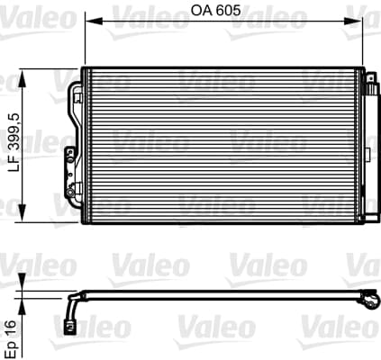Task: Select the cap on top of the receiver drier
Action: coord(369,78)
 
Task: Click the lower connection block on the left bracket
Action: coord(68,161)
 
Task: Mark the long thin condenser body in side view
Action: coord(225,293)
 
